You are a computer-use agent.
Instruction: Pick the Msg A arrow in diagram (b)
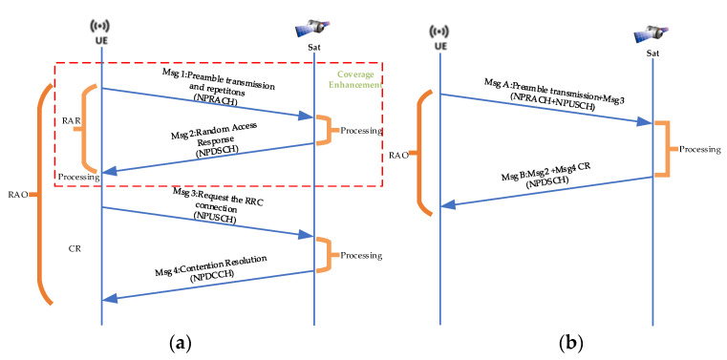[x=545, y=108]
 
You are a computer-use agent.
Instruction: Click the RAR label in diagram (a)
[x=70, y=122]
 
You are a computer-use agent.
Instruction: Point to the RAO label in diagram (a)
[x=16, y=194]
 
